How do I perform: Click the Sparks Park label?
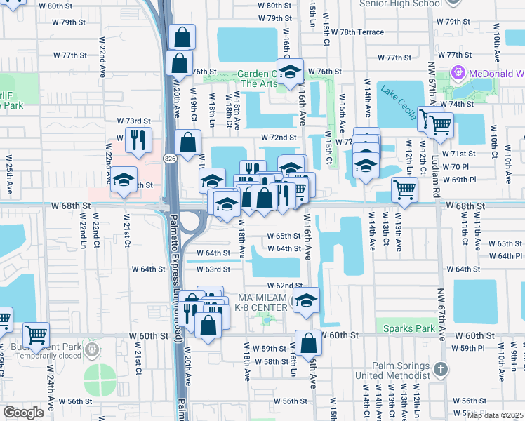[405, 328]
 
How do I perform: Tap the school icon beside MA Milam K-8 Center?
[306, 300]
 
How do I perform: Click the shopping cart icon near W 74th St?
[440, 124]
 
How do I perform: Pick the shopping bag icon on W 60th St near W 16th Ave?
[308, 343]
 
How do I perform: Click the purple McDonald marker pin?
[460, 72]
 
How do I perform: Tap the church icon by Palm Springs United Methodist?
[439, 369]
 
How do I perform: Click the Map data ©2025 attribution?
[494, 415]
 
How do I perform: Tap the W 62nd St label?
[284, 286]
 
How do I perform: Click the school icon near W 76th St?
[289, 71]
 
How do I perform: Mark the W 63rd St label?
[213, 269]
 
